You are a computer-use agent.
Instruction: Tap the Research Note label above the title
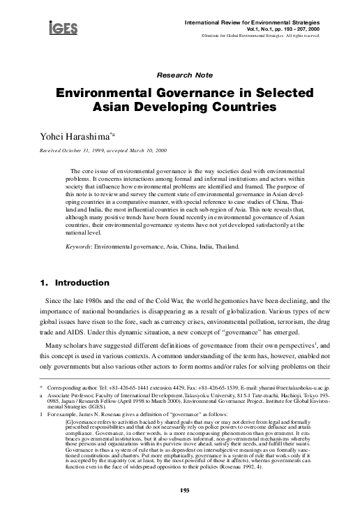180,71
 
